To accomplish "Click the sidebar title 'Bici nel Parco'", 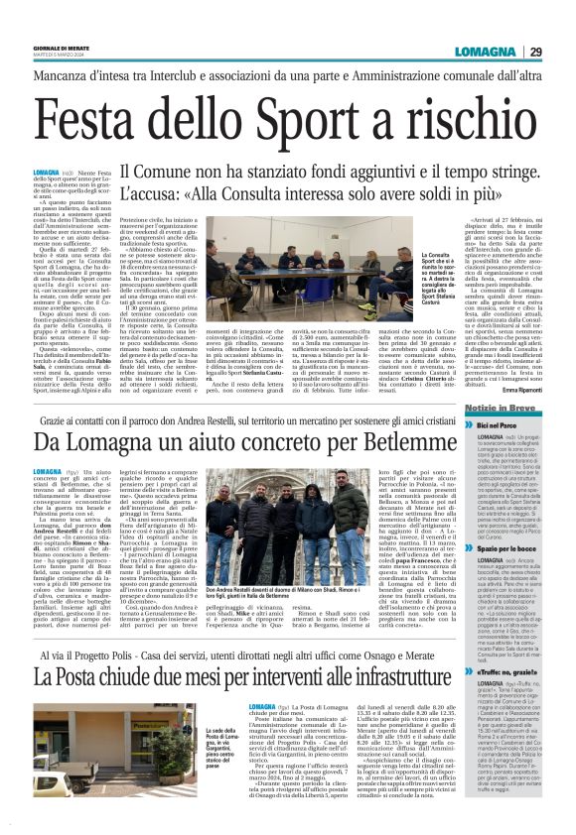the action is [x=500, y=424].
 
